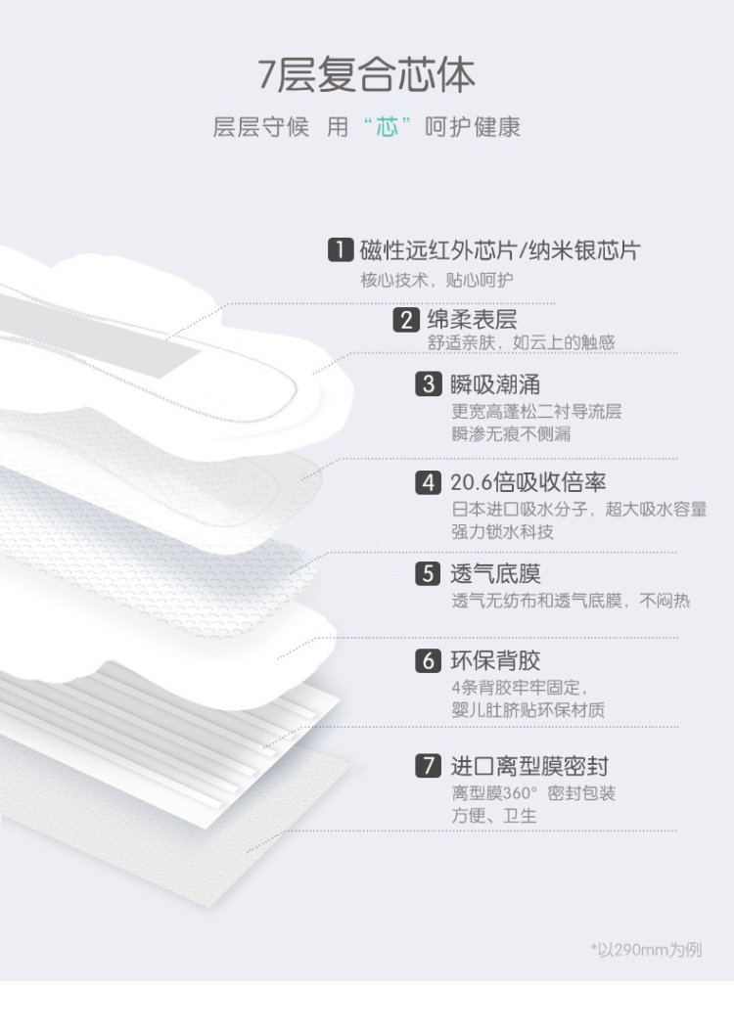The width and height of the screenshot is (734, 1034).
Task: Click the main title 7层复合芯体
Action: (x=366, y=75)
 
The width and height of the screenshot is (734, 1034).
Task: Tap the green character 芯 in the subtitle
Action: (x=388, y=127)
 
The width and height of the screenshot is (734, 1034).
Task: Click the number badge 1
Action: (x=340, y=250)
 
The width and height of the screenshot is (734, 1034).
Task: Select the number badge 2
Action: (x=406, y=320)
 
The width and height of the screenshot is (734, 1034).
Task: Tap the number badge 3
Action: (x=429, y=383)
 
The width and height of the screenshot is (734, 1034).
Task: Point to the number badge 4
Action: (x=429, y=482)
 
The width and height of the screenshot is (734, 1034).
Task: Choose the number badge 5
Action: (x=429, y=573)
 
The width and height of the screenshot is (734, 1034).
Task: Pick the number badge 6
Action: (x=429, y=661)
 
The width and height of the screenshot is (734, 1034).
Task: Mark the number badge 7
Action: (x=429, y=766)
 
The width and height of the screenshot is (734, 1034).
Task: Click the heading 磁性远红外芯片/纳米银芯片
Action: (x=499, y=250)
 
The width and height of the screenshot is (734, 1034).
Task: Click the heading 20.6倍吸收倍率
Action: (x=528, y=482)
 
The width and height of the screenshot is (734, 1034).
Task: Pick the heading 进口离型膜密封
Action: (x=528, y=766)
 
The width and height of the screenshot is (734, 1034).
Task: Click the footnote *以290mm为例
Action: (x=646, y=949)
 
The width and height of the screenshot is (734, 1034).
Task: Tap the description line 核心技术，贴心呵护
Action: (x=436, y=280)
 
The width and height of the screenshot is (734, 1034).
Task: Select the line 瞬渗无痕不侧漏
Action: (x=511, y=434)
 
